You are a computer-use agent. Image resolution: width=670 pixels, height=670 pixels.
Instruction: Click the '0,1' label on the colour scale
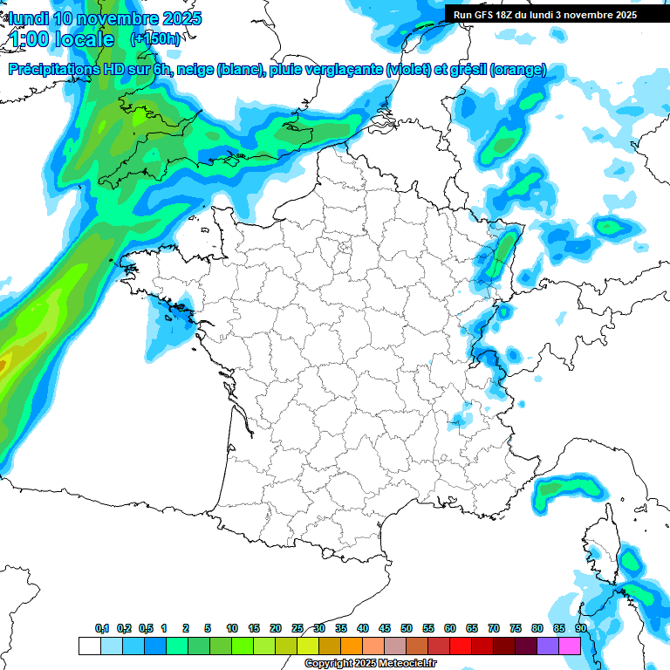coord(102,628)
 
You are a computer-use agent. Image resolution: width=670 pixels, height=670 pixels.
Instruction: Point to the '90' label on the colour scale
coord(581,628)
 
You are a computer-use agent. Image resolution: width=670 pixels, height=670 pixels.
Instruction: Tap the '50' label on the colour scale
coord(407,628)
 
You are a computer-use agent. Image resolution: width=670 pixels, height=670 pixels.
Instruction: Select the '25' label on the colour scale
coord(297,628)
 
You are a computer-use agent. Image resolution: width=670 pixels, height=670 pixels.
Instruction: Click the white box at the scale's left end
coord(89,646)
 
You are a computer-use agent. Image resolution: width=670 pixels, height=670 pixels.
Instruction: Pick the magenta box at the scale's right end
coord(570,646)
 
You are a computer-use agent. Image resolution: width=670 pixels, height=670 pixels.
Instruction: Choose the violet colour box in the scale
coord(548,646)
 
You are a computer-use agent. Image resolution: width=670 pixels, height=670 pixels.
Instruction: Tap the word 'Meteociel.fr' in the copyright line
coord(407,664)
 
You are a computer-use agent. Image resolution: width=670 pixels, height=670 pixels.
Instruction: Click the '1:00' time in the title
coord(27,39)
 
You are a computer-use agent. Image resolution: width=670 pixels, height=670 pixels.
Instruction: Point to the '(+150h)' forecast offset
coord(154,39)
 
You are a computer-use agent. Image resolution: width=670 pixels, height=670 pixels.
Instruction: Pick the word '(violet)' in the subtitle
coord(409,70)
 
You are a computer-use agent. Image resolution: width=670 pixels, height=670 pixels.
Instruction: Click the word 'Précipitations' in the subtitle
coord(51,70)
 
